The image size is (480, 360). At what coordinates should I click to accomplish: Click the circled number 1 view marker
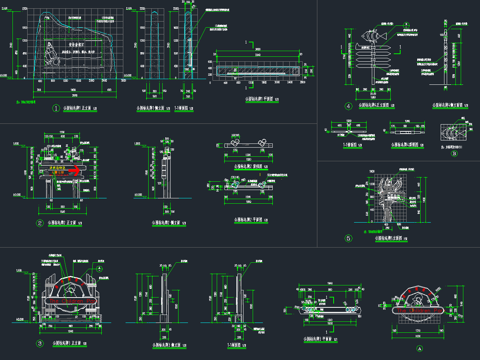tap(56, 109)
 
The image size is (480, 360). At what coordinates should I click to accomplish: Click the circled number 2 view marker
tap(39, 223)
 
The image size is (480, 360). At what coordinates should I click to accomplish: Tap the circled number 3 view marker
tap(39, 344)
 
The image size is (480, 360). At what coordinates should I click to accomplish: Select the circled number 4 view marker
tap(349, 106)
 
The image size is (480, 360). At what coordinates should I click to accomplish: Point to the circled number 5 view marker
tap(349, 238)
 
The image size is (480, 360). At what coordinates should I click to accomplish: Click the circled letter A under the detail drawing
tap(419, 348)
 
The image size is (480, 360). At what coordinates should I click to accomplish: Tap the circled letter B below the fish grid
tap(454, 154)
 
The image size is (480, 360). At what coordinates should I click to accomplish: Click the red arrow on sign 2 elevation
tap(76, 170)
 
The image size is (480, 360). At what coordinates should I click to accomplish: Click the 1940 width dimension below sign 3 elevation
tap(70, 331)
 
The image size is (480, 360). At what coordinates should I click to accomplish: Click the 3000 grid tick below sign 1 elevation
tap(123, 81)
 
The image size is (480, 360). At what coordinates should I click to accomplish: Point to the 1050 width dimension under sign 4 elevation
tap(373, 97)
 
